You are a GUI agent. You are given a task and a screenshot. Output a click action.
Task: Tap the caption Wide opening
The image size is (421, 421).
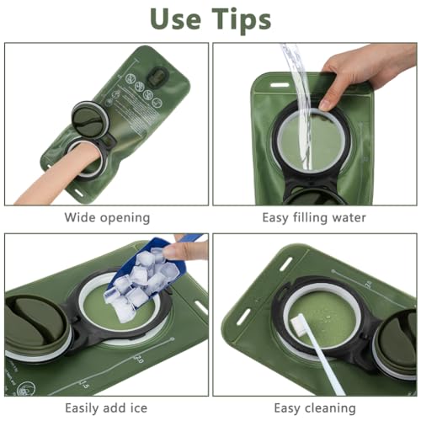click(x=107, y=217)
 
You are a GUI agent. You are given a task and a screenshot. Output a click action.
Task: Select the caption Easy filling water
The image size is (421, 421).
click(x=314, y=217)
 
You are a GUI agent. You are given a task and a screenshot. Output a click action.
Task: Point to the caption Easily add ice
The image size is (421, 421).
click(x=107, y=408)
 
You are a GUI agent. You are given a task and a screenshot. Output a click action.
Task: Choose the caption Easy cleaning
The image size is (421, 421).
click(x=314, y=408)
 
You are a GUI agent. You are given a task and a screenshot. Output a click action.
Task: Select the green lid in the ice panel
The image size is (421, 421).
click(x=29, y=324)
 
